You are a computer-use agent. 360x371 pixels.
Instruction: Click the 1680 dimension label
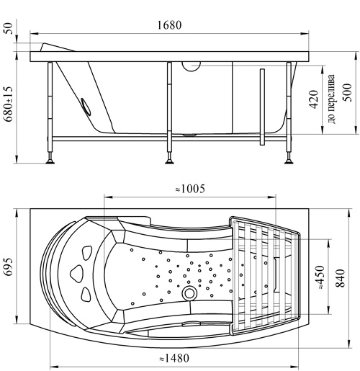(169, 25)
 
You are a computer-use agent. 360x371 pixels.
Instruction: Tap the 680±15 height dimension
(9, 104)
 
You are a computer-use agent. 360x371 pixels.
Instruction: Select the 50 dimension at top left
(8, 28)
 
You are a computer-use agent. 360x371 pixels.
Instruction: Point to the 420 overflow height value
(313, 99)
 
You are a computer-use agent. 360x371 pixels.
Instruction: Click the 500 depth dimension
(346, 92)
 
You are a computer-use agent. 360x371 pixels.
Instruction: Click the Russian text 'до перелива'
(331, 99)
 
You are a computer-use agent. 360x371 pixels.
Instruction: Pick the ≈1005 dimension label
(190, 189)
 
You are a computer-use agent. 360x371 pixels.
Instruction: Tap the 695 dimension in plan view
(9, 267)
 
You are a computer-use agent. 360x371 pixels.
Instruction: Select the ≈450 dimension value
(320, 277)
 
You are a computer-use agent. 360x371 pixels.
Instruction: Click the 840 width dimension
(340, 278)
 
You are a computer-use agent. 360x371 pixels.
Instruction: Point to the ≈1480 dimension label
(174, 359)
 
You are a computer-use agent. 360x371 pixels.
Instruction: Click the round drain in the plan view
(189, 293)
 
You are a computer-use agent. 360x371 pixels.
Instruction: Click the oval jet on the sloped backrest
(86, 107)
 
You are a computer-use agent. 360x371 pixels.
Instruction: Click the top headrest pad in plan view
(87, 252)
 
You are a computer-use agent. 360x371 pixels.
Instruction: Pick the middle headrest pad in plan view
(76, 273)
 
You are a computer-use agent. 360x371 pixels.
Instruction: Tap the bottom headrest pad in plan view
(86, 294)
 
